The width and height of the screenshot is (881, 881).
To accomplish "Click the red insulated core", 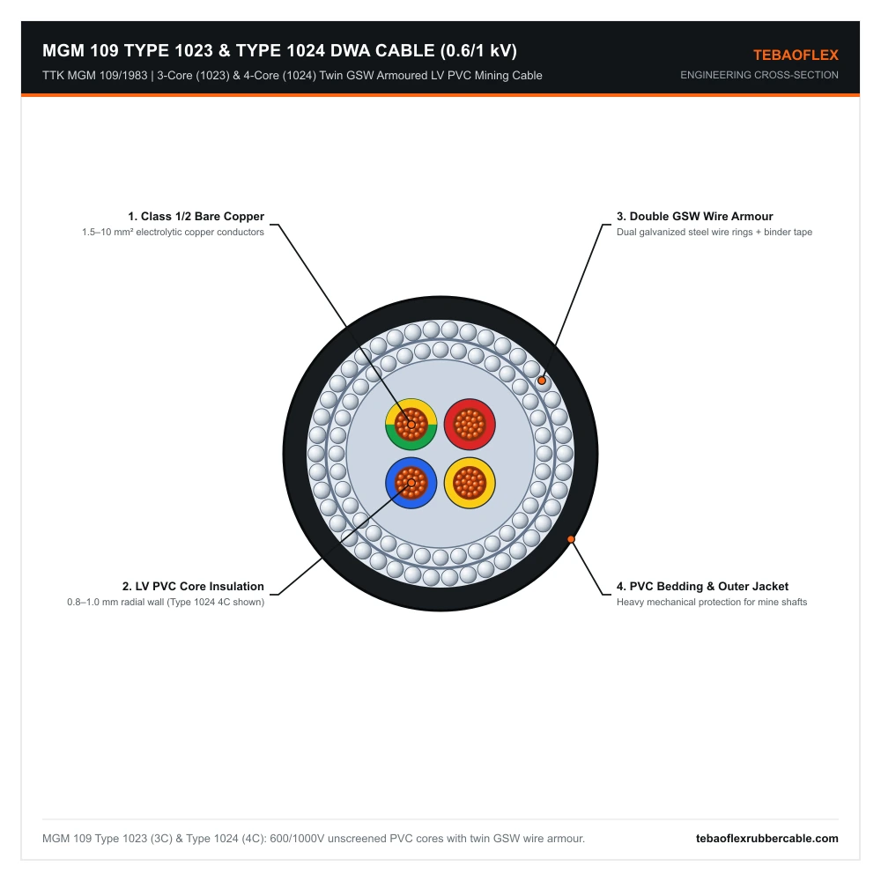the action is [x=470, y=425].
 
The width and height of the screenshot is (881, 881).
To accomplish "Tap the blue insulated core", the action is [x=411, y=483].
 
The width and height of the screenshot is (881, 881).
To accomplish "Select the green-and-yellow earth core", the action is [x=411, y=425].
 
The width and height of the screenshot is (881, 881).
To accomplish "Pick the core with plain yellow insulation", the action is [x=470, y=483].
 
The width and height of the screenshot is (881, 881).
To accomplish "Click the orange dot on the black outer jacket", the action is [x=571, y=539].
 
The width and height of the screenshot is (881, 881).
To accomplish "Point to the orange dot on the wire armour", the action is [x=542, y=381].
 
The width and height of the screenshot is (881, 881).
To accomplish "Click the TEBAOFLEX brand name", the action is [x=796, y=55].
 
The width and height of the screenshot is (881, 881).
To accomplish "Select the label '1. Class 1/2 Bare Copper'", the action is [x=196, y=217].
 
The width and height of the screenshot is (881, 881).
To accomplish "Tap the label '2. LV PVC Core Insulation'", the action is [x=193, y=586].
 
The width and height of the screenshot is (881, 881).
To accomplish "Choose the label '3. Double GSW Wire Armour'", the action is [x=694, y=217].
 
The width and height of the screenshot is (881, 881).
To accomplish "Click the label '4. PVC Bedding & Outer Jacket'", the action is [x=702, y=586].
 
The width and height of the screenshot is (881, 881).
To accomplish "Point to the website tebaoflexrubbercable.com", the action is [x=767, y=839].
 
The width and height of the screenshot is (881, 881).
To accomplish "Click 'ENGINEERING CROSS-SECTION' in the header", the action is [x=759, y=75].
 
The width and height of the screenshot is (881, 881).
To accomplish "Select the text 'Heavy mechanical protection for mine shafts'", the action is [x=711, y=602].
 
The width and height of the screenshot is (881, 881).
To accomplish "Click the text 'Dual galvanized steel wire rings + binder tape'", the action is [x=714, y=232].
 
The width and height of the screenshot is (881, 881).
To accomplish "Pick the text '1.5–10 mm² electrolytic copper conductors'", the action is [x=173, y=232].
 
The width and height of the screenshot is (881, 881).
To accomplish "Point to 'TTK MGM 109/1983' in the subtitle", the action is [x=94, y=75].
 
